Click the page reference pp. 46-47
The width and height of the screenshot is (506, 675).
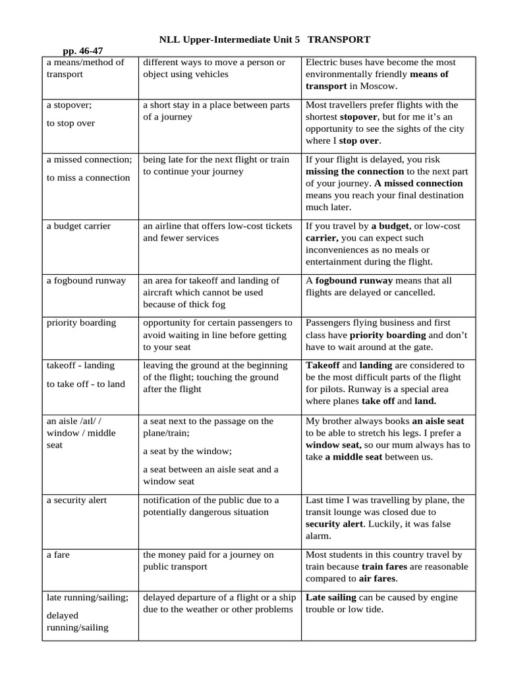pyautogui.click(x=82, y=51)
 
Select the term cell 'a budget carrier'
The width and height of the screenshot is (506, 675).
pyautogui.click(x=78, y=226)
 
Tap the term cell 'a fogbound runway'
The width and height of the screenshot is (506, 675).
pyautogui.click(x=86, y=281)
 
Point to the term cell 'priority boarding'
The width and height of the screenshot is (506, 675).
pyautogui.click(x=81, y=323)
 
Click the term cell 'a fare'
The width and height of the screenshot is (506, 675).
pyautogui.click(x=58, y=555)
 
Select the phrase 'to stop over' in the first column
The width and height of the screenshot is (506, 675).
pyautogui.click(x=70, y=123)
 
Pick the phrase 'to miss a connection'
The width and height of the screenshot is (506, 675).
pyautogui.click(x=88, y=178)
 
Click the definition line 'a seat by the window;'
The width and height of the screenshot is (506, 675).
pyautogui.click(x=187, y=452)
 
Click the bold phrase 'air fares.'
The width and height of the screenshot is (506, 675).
pyautogui.click(x=378, y=579)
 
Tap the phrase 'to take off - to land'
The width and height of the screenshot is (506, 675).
pyautogui.click(x=86, y=384)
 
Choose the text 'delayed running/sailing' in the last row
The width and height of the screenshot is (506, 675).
pyautogui.click(x=77, y=622)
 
